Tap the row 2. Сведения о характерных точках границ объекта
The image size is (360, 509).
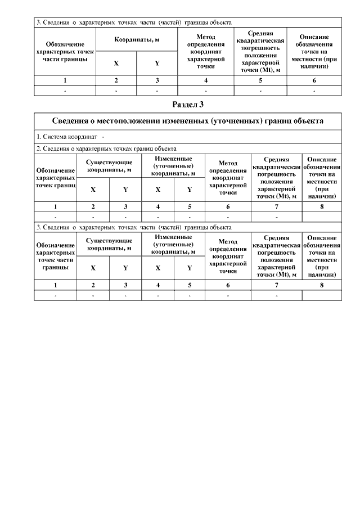[x=106, y=148]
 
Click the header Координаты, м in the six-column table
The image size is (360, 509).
[x=137, y=40]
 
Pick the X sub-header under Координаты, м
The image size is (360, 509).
[x=116, y=64]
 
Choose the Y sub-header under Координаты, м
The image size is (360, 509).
[x=157, y=64]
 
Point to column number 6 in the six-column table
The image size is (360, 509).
[x=314, y=80]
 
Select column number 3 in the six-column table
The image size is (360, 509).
[x=157, y=80]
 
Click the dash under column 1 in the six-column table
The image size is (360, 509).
[x=65, y=90]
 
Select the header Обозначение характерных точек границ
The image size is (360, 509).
[x=55, y=177]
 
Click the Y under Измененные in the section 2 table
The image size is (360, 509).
[x=189, y=190]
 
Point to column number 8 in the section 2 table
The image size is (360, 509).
[x=321, y=206]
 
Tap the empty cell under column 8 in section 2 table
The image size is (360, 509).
[x=321, y=216]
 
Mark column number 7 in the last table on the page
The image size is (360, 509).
[x=276, y=285]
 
